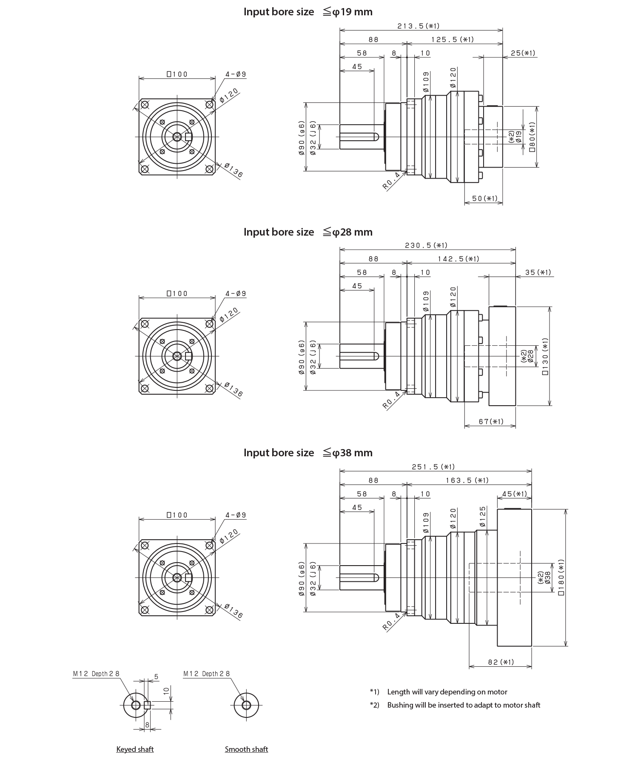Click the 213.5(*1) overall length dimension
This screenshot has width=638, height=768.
click(421, 26)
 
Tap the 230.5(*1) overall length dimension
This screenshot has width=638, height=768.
click(427, 245)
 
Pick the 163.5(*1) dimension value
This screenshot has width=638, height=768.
click(467, 480)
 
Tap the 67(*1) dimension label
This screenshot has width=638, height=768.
click(491, 421)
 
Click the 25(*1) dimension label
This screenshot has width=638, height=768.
click(523, 53)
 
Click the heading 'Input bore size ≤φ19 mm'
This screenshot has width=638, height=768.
click(308, 12)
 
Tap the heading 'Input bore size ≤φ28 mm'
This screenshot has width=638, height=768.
click(308, 232)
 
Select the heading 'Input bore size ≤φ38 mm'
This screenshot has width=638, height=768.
click(308, 453)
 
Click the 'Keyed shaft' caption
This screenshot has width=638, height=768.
click(135, 749)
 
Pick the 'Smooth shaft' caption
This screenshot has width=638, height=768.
click(246, 749)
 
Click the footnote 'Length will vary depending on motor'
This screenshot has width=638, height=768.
click(447, 692)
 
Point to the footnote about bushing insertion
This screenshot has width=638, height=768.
click(463, 705)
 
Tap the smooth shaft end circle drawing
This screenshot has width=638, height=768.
click(246, 705)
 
